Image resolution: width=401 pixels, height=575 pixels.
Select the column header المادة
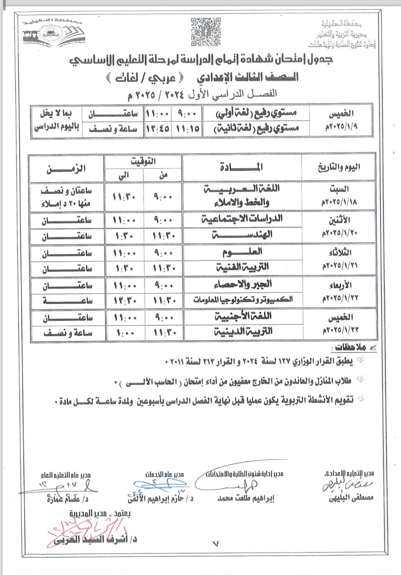(x=242, y=167)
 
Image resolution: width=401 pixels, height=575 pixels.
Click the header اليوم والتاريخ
(x=339, y=167)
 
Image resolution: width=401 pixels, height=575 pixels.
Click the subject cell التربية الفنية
(x=243, y=267)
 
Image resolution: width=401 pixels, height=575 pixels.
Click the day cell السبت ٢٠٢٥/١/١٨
(x=339, y=195)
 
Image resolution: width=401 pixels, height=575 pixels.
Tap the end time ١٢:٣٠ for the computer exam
(x=125, y=301)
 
